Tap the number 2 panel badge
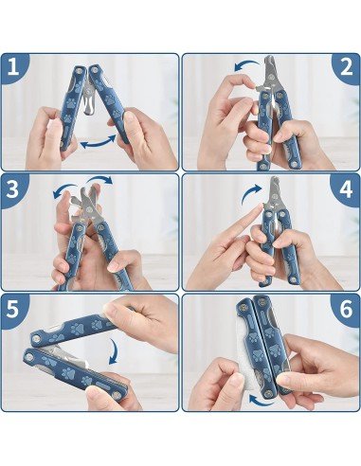tap(346, 67)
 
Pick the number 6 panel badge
tap(346, 310)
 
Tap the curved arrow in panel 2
tap(246, 64)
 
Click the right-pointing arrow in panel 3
tap(100, 177)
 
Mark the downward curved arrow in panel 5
tap(115, 352)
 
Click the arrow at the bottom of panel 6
tap(257, 400)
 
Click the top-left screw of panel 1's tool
tap(80, 71)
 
